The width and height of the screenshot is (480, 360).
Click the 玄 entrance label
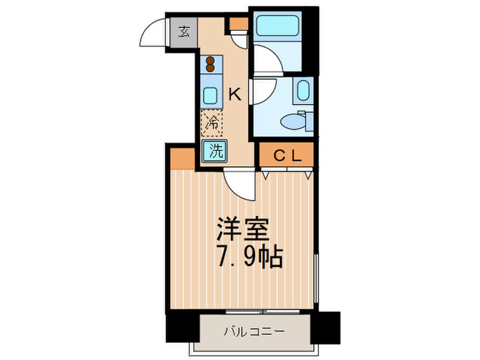coord(184,31)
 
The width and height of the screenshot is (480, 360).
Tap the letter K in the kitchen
coord(235,95)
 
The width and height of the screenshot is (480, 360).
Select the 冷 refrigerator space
coord(213,123)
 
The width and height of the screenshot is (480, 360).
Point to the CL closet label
coord(288,156)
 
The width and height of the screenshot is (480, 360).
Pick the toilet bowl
coord(296,122)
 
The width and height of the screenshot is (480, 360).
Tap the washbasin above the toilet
coord(303,91)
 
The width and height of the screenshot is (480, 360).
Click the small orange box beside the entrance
coord(237,24)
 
